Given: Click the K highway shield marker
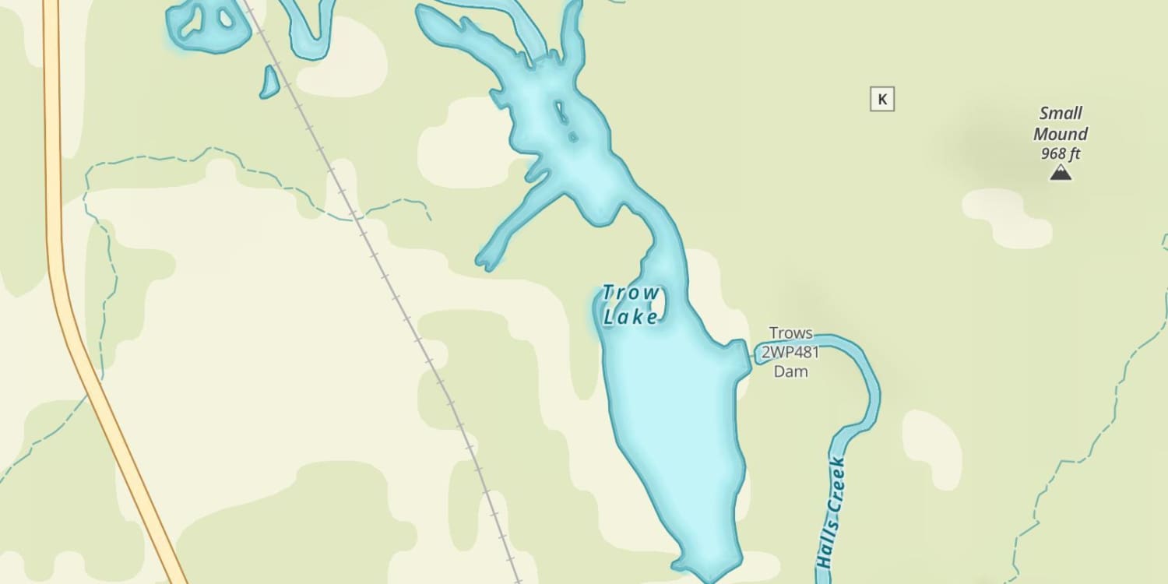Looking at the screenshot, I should (881, 100).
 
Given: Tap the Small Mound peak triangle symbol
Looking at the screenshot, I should (1060, 173).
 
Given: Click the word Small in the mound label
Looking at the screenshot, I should (1061, 114).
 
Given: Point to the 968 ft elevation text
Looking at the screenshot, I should (1060, 153).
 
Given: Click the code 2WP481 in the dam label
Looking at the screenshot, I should (790, 353).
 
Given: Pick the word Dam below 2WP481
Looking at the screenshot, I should (790, 371).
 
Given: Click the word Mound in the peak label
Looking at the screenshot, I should (1061, 134).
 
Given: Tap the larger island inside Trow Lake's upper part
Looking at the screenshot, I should (561, 114).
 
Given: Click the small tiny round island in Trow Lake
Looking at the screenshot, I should (572, 137).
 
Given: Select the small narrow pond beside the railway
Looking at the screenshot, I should (269, 83).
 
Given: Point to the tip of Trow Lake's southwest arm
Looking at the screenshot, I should (484, 261).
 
